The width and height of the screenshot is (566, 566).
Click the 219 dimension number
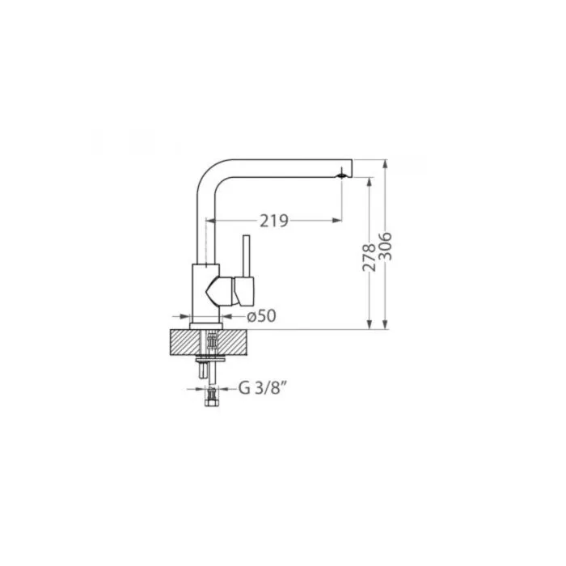click(274, 221)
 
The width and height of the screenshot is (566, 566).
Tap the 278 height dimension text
click(369, 257)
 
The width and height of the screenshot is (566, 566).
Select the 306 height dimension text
click(385, 246)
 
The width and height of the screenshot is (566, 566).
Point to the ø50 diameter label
click(261, 316)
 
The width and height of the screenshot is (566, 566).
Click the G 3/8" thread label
click(263, 388)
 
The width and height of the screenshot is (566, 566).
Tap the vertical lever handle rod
click(247, 256)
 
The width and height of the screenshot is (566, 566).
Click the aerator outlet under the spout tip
click(341, 175)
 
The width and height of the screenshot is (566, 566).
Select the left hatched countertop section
click(185, 342)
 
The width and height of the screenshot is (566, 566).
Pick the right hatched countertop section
click(233, 342)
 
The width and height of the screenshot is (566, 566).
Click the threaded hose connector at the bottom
click(211, 396)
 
